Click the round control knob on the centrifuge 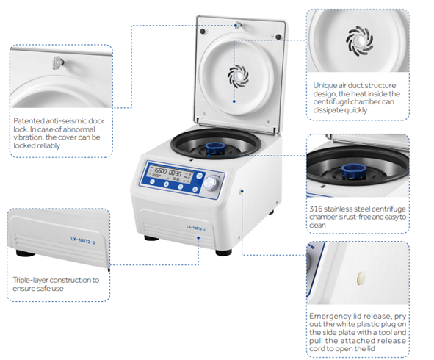pyautogui.click(x=211, y=183)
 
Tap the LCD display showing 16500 pyautogui.click(x=170, y=174)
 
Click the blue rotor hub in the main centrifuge pyautogui.click(x=215, y=148)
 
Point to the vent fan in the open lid pyautogui.click(x=238, y=75)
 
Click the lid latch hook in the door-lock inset pyautogui.click(x=58, y=62)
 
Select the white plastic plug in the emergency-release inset pyautogui.click(x=361, y=278)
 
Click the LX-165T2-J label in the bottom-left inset pyautogui.click(x=82, y=240)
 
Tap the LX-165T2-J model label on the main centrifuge pyautogui.click(x=195, y=228)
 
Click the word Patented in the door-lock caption pyautogui.click(x=29, y=121)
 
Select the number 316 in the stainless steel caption pyautogui.click(x=316, y=209)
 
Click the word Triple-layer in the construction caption pyautogui.click(x=30, y=280)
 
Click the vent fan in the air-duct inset pyautogui.click(x=359, y=41)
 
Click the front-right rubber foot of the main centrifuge pyautogui.click(x=223, y=252)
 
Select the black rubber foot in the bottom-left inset pyautogui.click(x=26, y=253)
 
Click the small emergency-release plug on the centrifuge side pyautogui.click(x=241, y=191)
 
